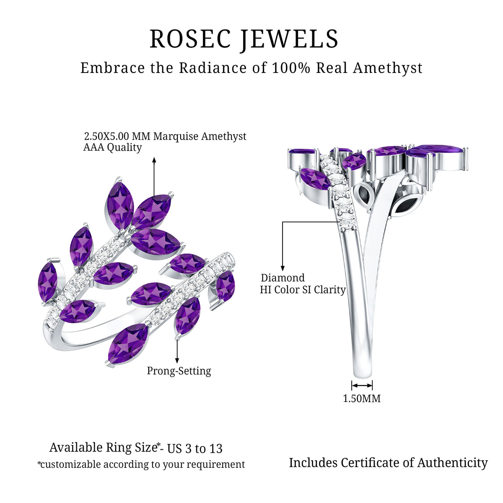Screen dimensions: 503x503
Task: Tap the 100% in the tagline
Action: pos(291,68)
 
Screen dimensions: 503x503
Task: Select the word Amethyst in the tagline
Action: pos(387,68)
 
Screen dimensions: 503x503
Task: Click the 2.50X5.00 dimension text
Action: pos(106,136)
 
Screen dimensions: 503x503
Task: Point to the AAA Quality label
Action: pos(112,148)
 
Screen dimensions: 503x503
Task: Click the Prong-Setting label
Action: pos(179,371)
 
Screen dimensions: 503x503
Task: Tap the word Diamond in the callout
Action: pos(283,278)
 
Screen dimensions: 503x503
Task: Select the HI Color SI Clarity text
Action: pos(303,290)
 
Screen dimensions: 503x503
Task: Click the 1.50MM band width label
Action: pos(361,398)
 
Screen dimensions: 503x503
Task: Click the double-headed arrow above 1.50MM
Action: pos(362,385)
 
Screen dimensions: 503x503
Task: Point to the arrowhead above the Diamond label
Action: pos(282,268)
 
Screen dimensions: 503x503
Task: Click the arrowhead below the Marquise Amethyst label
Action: pos(154,160)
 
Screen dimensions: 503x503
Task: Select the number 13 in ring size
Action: pos(215,449)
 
